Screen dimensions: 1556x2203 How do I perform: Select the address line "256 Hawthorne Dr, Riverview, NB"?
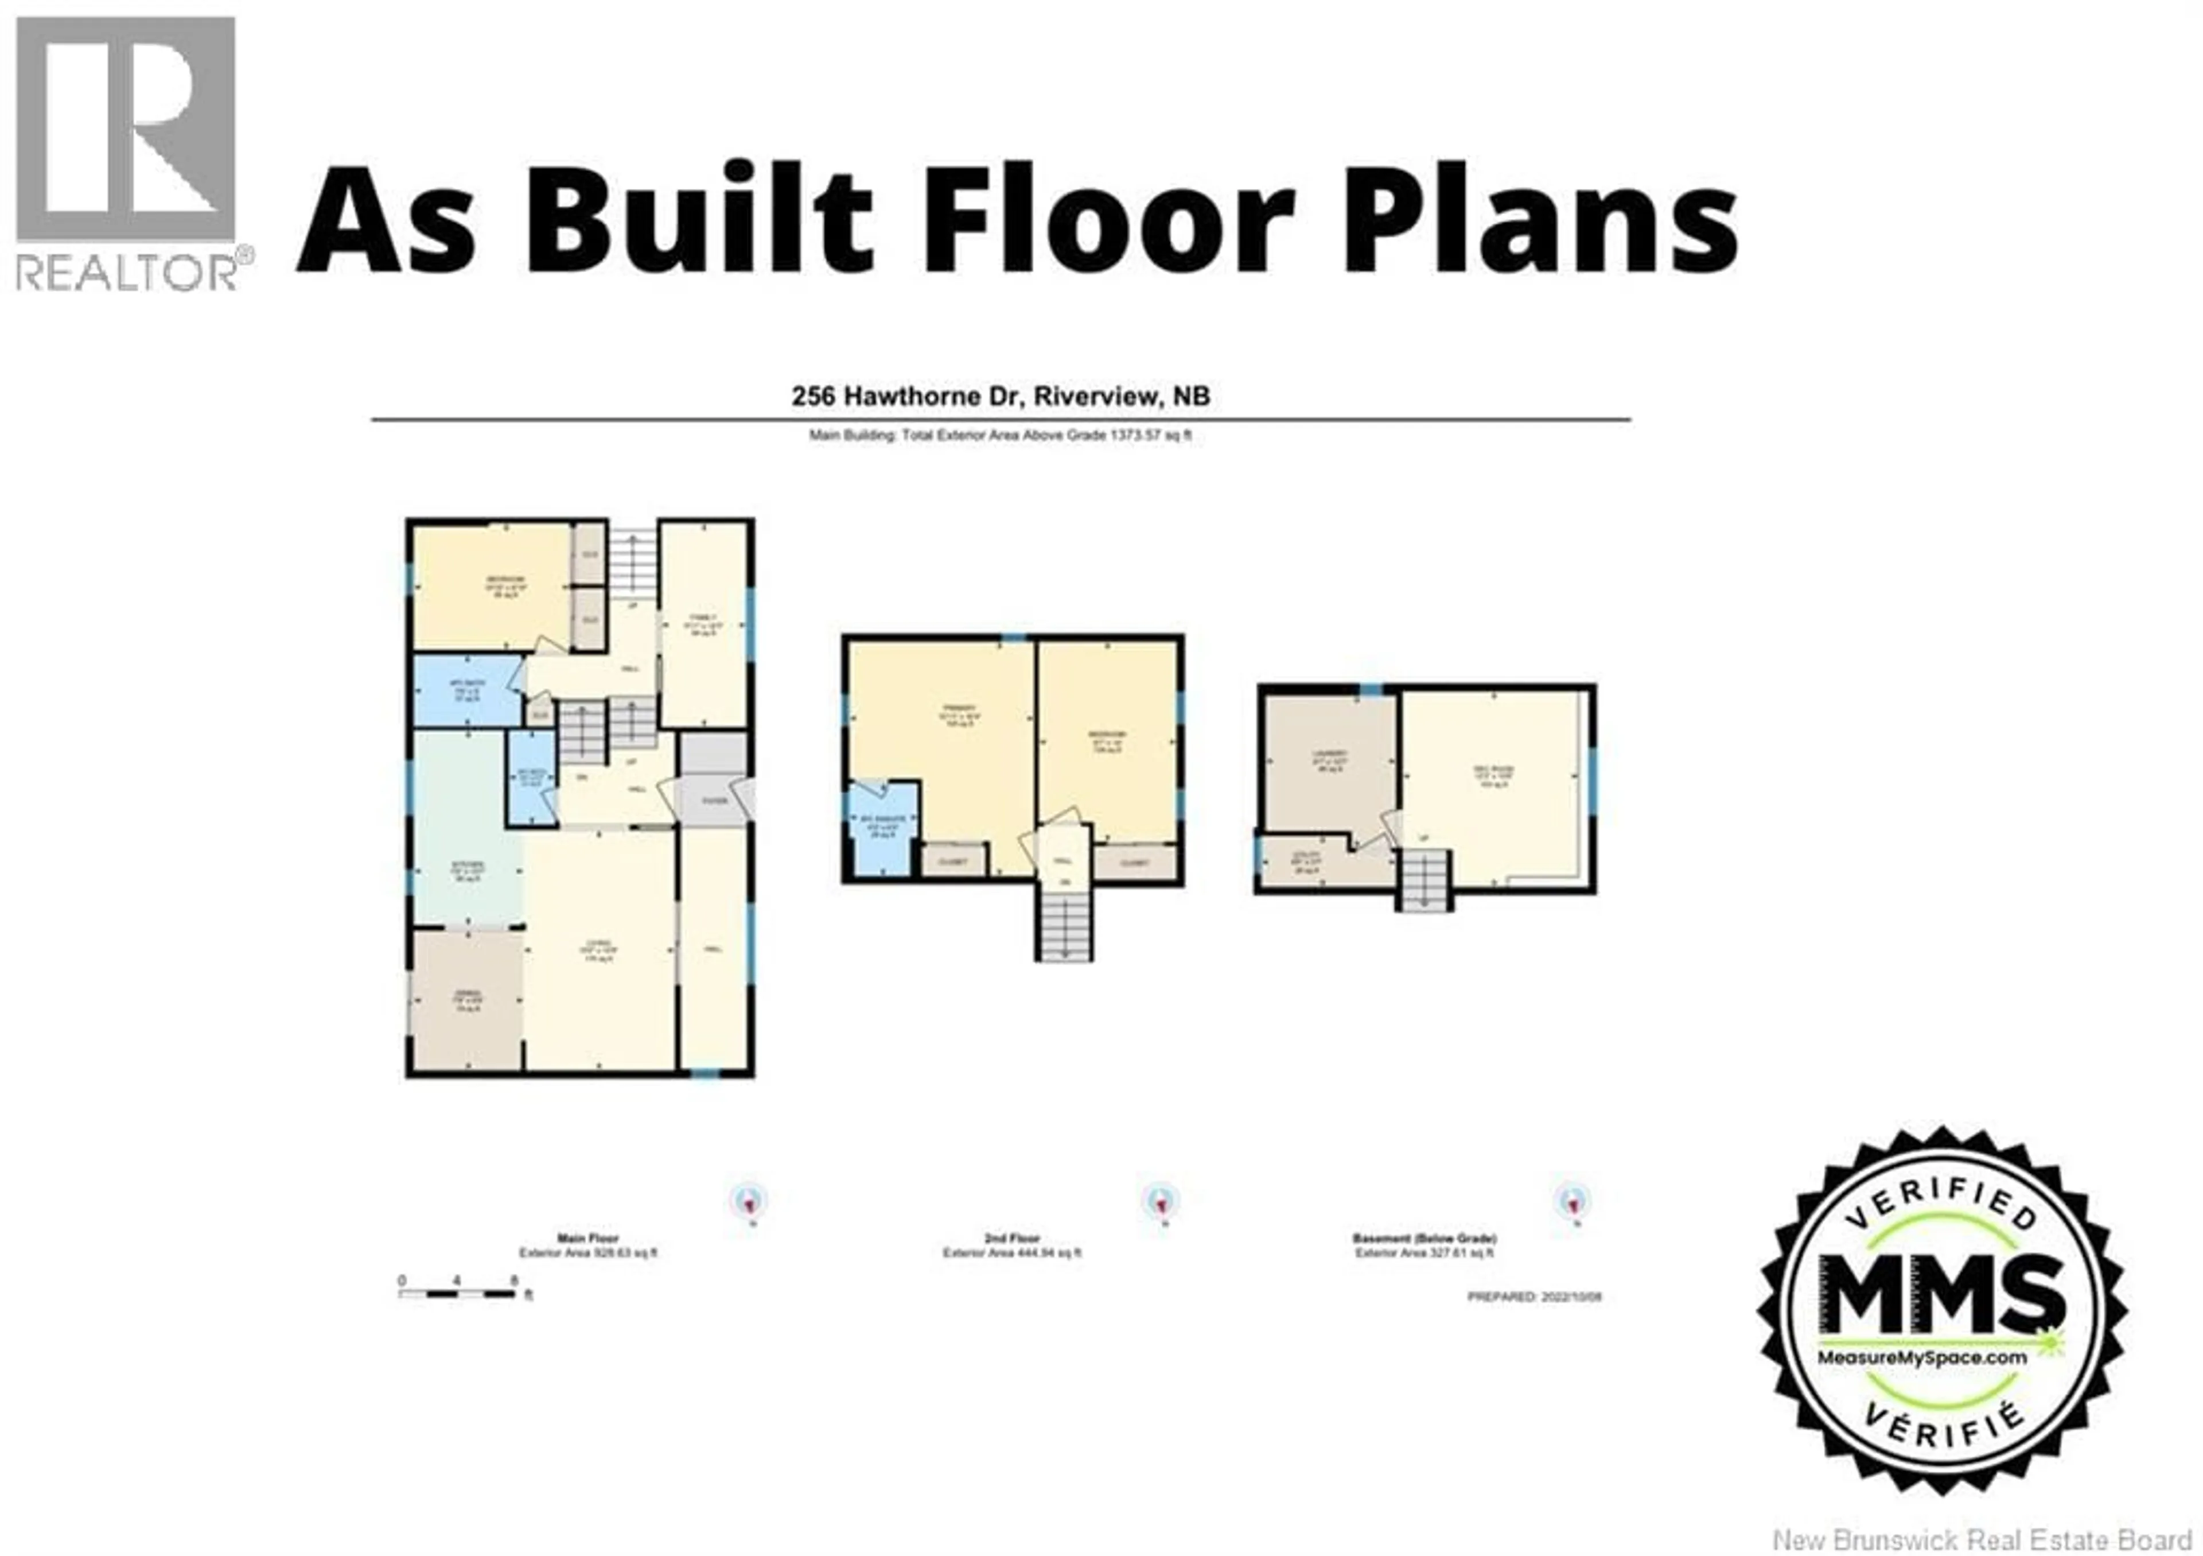(x=1000, y=397)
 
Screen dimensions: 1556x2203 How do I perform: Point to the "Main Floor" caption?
(x=587, y=1238)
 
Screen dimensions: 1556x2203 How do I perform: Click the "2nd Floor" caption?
(x=1011, y=1238)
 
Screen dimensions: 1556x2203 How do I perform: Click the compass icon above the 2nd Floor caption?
(x=1161, y=1201)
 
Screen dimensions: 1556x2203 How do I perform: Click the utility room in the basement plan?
(x=1314, y=860)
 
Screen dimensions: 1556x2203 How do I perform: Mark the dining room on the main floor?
(x=466, y=998)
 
